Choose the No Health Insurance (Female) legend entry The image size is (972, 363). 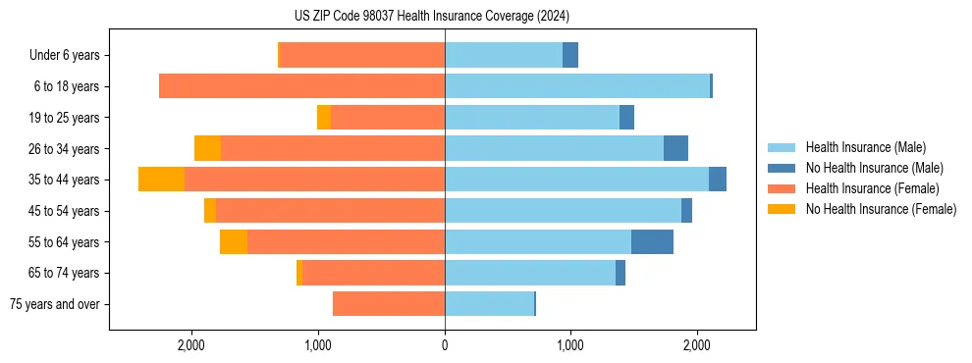[880, 209]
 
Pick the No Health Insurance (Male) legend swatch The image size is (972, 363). [782, 168]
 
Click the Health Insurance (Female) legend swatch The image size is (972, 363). [782, 188]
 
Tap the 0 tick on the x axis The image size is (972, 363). [445, 345]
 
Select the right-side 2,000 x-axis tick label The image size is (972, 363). [696, 345]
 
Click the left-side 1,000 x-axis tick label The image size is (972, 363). [318, 345]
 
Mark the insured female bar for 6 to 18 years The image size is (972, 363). [301, 86]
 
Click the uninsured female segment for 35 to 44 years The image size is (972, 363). [161, 180]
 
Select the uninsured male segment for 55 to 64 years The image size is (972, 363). [652, 241]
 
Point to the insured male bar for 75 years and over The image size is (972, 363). [489, 304]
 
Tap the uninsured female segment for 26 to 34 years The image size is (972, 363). [207, 148]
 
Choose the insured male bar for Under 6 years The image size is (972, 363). [504, 55]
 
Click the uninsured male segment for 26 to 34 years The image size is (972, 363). [675, 148]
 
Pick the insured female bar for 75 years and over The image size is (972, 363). [389, 304]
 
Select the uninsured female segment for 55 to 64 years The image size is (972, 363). [234, 241]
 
